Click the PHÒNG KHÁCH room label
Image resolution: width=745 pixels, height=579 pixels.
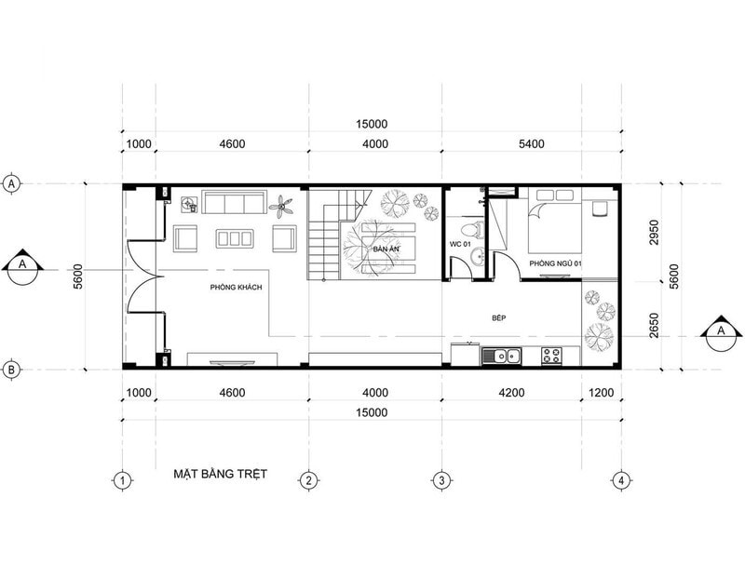pyautogui.click(x=236, y=288)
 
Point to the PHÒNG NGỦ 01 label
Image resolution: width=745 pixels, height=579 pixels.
pyautogui.click(x=556, y=264)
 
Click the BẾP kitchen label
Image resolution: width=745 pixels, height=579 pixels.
pyautogui.click(x=498, y=318)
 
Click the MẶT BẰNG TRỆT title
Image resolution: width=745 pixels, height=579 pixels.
pyautogui.click(x=221, y=474)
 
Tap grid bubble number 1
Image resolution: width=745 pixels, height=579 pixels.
pyautogui.click(x=122, y=481)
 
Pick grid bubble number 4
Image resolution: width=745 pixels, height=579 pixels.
pyautogui.click(x=620, y=481)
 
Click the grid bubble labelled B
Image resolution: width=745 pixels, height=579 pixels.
pyautogui.click(x=11, y=370)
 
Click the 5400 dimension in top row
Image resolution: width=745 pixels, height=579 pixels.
pyautogui.click(x=531, y=143)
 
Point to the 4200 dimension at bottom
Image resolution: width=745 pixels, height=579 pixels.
pyautogui.click(x=513, y=393)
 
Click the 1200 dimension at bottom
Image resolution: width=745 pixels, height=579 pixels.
pyautogui.click(x=602, y=393)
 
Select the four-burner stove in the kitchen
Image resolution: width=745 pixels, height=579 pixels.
pyautogui.click(x=551, y=355)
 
